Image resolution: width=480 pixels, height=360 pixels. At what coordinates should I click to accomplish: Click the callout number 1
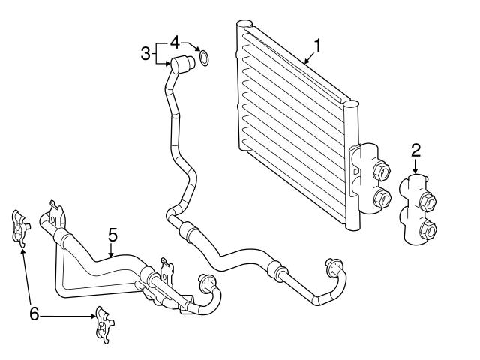[317, 45]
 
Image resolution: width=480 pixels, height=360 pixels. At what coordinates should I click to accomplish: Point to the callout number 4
[174, 39]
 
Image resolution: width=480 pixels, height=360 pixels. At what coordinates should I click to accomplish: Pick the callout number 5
[112, 235]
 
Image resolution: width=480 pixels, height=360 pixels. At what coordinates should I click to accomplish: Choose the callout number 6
[34, 313]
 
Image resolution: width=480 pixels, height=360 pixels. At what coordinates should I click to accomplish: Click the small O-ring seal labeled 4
[203, 57]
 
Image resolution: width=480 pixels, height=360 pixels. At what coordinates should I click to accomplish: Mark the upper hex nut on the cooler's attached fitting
[380, 171]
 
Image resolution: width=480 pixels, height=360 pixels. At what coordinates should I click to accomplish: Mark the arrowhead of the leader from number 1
[304, 61]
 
